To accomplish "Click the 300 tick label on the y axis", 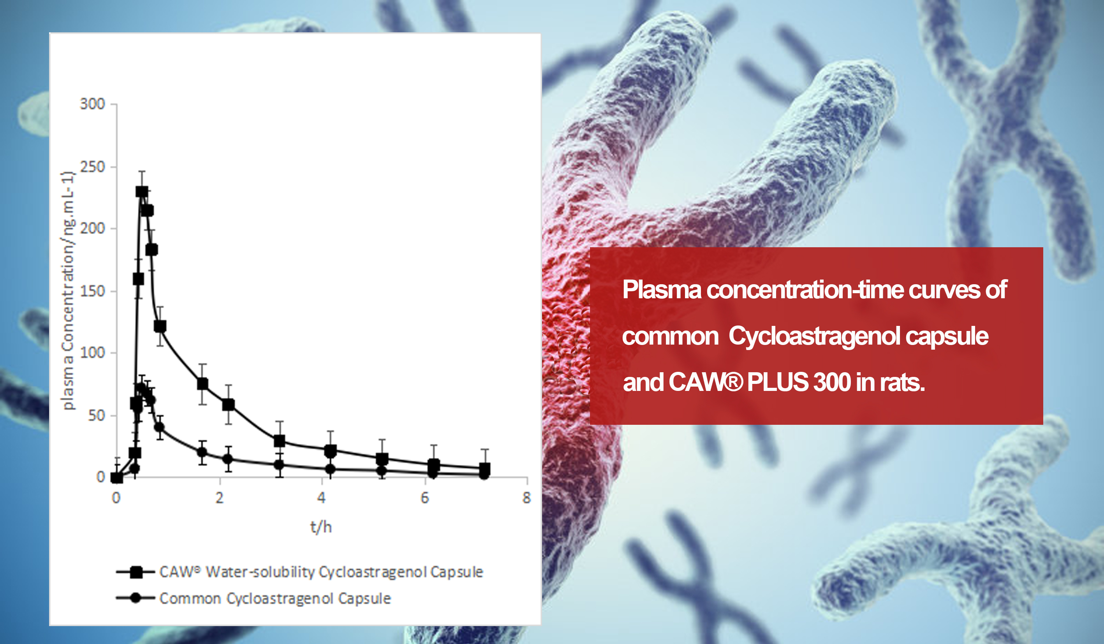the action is tap(92, 104).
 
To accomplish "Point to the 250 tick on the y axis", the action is tap(92, 167).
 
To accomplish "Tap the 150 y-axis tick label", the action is tap(92, 291).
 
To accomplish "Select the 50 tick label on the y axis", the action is tap(97, 415).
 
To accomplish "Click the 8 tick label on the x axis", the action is tap(526, 498).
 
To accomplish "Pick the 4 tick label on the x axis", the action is tap(322, 498).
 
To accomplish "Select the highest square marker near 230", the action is tap(141, 192).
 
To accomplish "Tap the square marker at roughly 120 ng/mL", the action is tap(160, 326).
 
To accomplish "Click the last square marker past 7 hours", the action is tap(484, 468).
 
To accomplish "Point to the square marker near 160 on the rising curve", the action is tap(138, 279).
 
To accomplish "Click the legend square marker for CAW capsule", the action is tap(136, 572).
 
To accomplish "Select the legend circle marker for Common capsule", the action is tap(136, 598).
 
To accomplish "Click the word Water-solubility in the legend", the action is tap(260, 572).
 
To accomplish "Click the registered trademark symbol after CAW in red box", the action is tap(733, 382).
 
